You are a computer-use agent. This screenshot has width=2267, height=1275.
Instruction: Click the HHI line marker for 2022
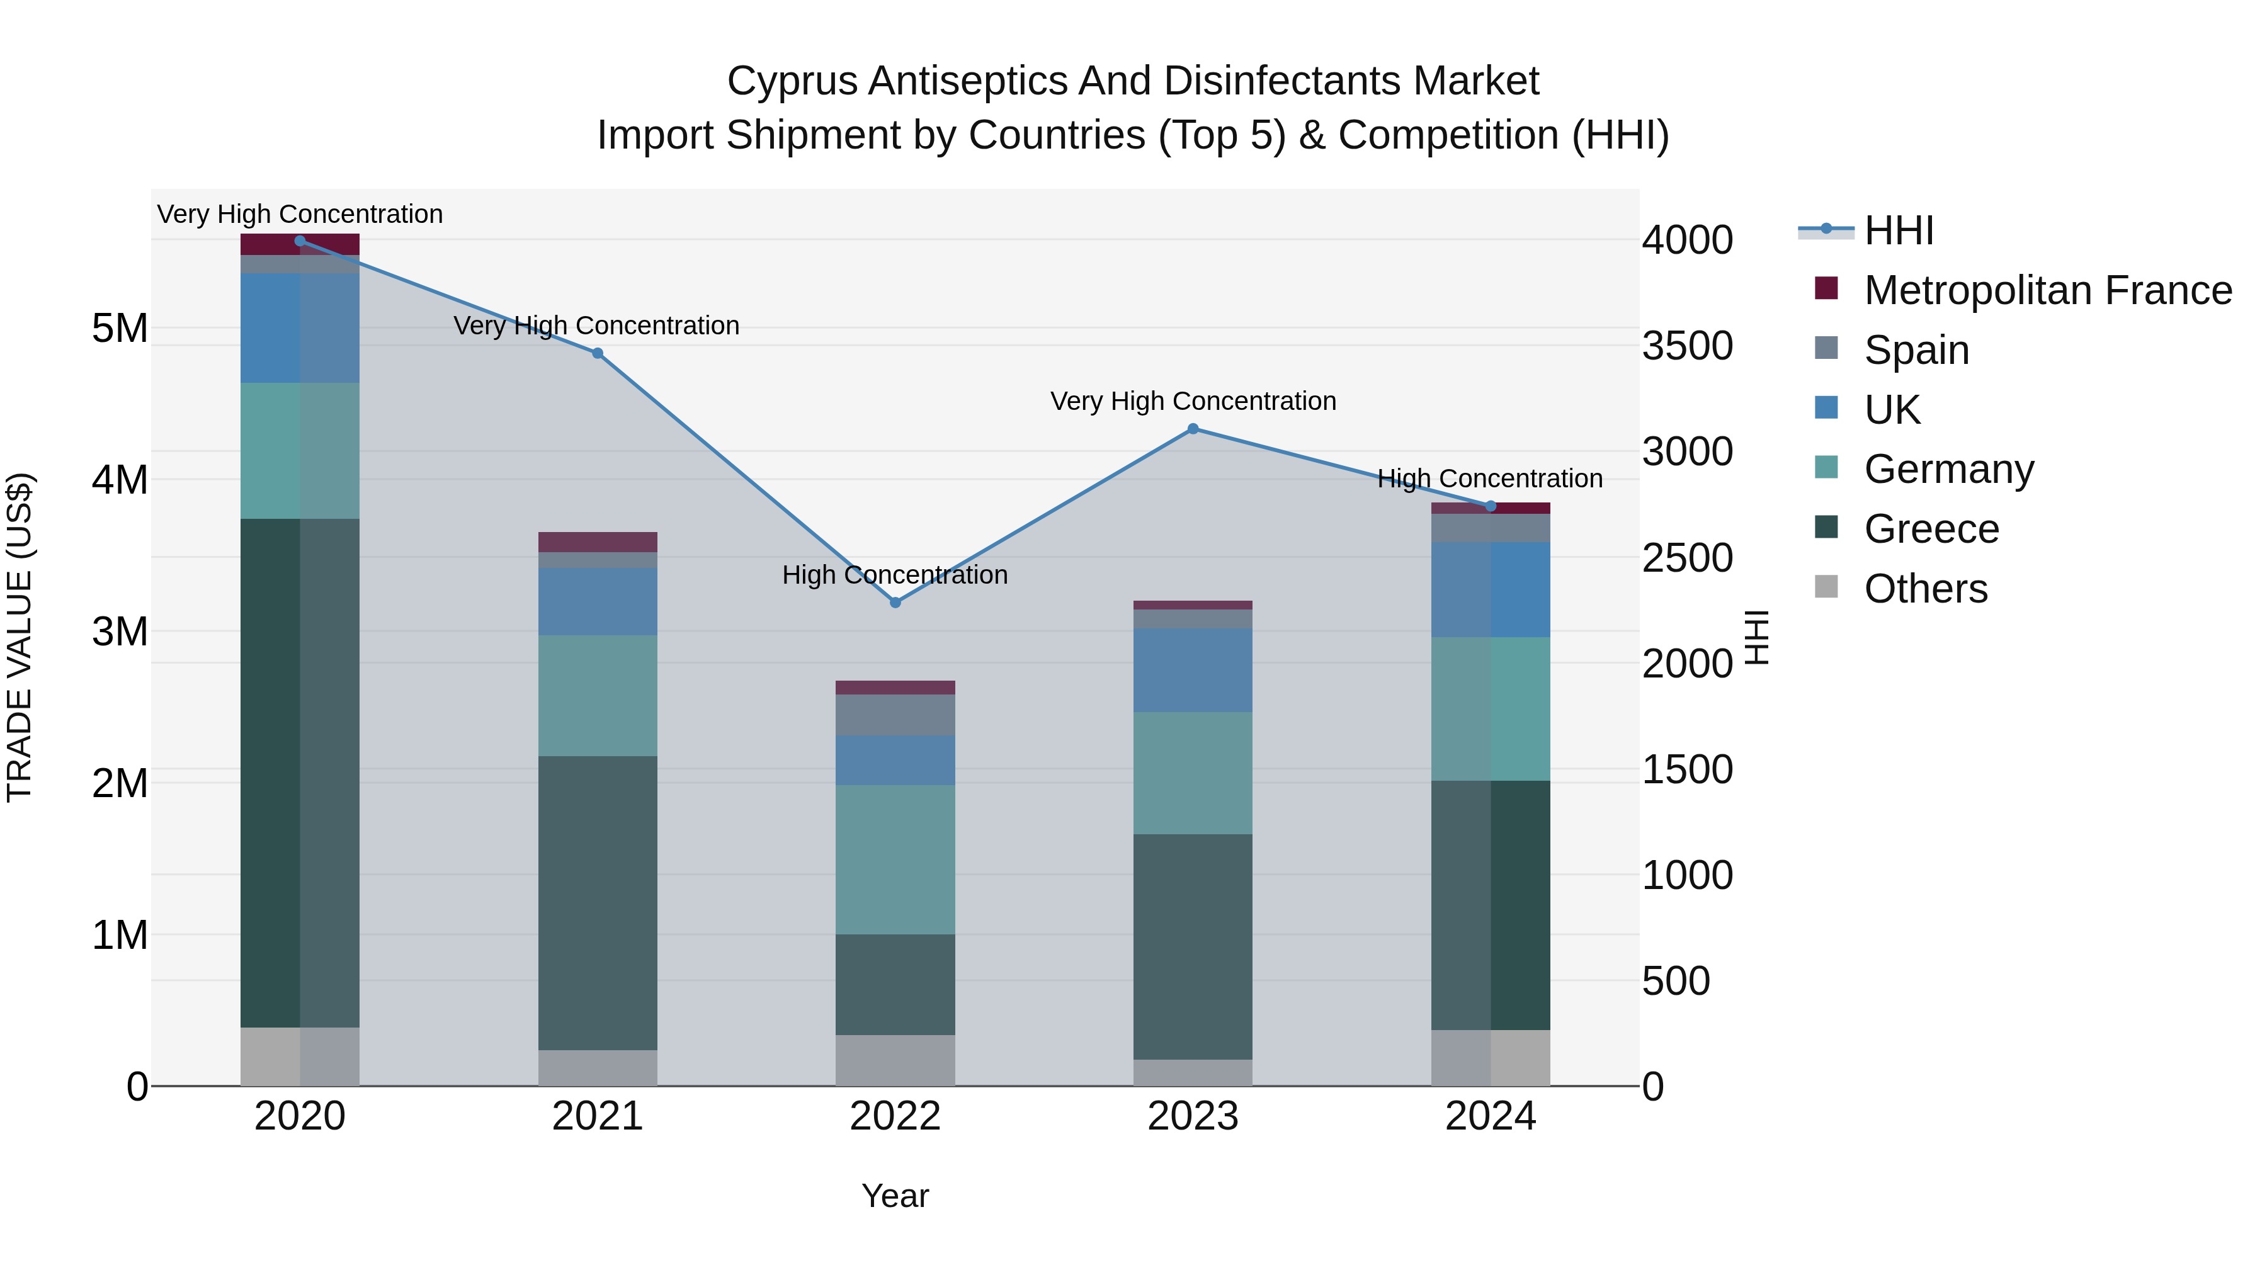tap(895, 603)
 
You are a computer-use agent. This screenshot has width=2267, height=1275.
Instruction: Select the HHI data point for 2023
tap(1193, 429)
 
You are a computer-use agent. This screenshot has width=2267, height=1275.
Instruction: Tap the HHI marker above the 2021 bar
tap(598, 353)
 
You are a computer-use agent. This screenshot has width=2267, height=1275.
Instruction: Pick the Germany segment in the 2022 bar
tap(895, 859)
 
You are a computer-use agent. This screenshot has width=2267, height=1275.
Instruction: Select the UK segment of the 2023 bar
tap(1193, 670)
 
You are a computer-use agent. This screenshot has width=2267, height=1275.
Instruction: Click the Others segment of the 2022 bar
tap(895, 1060)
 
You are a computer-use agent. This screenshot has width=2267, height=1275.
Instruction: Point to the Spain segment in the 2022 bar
tap(895, 715)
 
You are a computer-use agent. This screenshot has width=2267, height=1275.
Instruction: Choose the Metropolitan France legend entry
tap(2047, 290)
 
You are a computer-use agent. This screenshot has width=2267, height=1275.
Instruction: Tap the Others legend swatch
tap(1826, 587)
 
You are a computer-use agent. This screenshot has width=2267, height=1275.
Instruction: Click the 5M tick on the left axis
tap(120, 328)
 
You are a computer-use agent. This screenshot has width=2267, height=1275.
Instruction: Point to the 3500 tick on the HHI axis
tap(1687, 346)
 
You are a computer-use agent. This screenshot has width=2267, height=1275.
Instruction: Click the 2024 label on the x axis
tap(1490, 1116)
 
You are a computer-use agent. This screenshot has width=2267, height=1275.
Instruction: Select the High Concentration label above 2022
tap(895, 575)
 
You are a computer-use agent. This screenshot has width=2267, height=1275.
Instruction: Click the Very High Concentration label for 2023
tap(1193, 401)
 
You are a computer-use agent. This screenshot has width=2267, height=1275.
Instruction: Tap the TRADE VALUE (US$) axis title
tap(20, 637)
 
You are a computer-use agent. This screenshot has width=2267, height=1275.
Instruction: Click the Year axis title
tap(895, 1196)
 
